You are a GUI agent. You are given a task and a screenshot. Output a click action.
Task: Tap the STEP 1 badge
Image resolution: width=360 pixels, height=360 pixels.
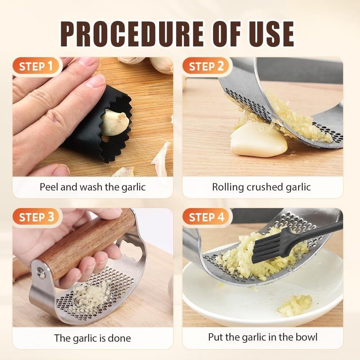(36, 66)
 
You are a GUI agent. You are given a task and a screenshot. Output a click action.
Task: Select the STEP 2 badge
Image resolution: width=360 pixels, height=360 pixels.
(206, 66)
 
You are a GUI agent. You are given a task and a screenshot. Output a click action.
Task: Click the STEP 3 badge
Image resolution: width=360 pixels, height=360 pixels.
(36, 217)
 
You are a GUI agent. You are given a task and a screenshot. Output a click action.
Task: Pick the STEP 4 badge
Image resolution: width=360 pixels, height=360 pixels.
(206, 217)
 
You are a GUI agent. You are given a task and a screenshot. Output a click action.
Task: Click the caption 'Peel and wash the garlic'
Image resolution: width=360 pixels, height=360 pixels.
(93, 187)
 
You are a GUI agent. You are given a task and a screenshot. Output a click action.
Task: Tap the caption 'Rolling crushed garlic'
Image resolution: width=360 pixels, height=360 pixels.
(261, 187)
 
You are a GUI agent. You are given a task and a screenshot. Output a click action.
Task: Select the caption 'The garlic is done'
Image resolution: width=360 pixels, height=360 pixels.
(93, 338)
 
